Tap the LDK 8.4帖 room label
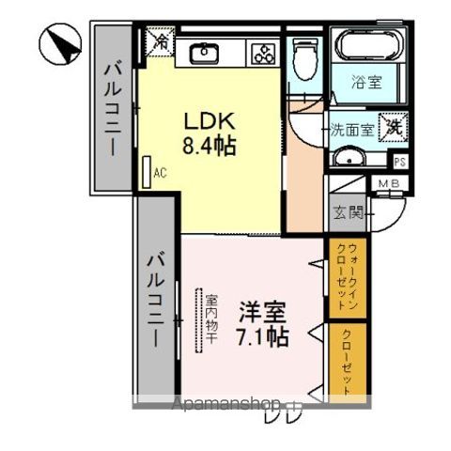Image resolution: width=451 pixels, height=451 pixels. coord(208,134)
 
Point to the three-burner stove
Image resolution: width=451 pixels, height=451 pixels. coord(260,54)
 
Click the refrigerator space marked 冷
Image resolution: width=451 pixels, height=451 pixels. coord(160,42)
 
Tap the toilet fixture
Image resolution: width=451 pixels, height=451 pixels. coord(303,58)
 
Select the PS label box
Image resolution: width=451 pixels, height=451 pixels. coord(399,161)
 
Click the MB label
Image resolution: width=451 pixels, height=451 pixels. coord(389,183)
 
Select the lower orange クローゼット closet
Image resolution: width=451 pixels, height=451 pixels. coord(345,361)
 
